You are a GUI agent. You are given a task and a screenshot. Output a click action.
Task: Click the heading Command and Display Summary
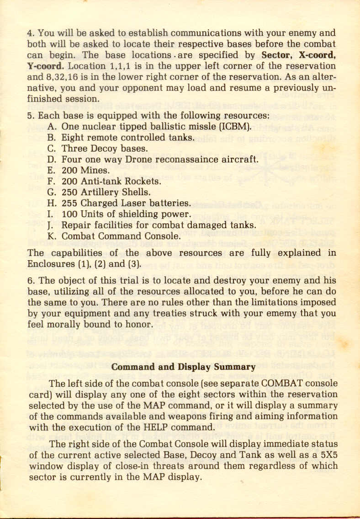(183, 367)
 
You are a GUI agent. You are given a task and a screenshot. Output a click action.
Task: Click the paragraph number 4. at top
(31, 33)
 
